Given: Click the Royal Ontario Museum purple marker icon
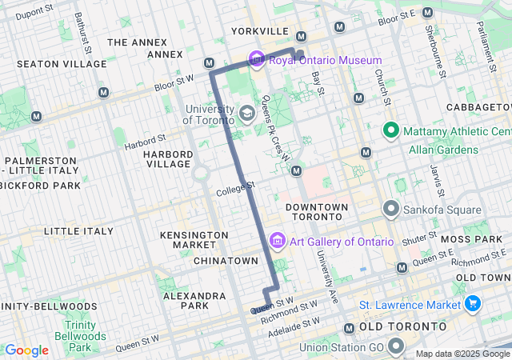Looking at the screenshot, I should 256,59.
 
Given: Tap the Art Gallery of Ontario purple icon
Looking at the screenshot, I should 278,241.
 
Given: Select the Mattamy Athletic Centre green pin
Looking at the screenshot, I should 392,130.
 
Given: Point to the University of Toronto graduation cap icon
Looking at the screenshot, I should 247,114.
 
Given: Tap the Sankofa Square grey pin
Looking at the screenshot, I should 392,210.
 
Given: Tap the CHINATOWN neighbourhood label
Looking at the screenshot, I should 226,261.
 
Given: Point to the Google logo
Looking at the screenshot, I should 26,350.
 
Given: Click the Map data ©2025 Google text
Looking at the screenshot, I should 461,354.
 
